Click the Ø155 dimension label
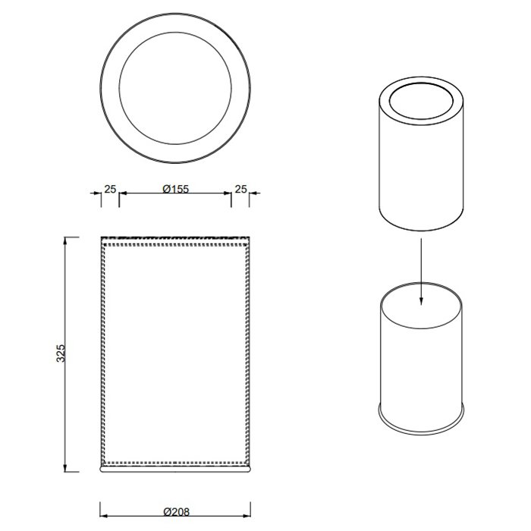(x=175, y=188)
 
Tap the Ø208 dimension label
(x=177, y=511)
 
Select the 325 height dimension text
(x=61, y=353)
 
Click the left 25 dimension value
(x=110, y=189)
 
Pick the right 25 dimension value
(x=240, y=189)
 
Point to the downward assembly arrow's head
(x=421, y=301)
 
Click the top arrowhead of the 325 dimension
(x=65, y=241)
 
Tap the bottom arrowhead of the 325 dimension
(x=65, y=468)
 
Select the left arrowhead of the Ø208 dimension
(x=104, y=516)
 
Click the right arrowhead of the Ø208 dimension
(x=247, y=516)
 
